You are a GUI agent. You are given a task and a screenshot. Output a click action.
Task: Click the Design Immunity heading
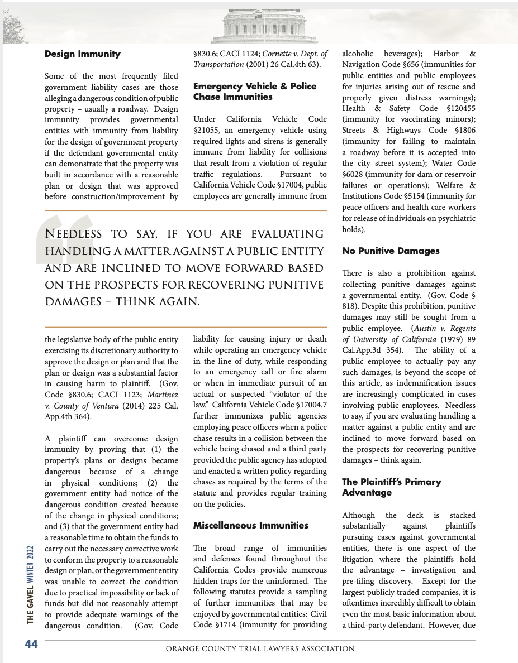tap(82, 54)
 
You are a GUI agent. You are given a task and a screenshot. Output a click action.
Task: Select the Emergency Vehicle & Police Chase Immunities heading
tap(255, 92)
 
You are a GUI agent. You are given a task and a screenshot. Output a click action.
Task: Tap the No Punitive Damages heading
tap(391, 251)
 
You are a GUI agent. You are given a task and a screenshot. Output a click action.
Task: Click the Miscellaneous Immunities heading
tap(250, 525)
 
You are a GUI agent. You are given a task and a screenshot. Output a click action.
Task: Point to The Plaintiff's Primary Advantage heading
tap(391, 487)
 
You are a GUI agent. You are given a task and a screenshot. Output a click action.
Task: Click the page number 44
tap(31, 644)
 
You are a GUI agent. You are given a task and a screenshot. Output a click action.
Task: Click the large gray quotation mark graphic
tap(63, 239)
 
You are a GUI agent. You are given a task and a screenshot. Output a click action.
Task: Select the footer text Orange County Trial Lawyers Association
tap(260, 649)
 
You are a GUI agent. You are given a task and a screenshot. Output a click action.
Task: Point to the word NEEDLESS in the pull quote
tap(73, 234)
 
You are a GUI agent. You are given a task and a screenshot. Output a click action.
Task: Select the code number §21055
tap(207, 131)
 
